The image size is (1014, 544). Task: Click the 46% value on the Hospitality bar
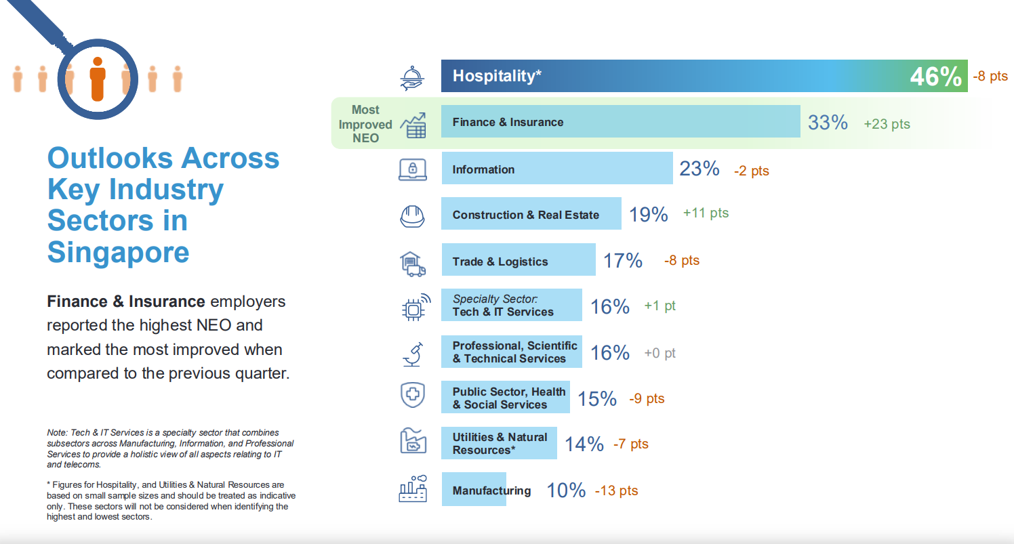point(935,77)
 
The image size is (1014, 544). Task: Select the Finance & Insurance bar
point(620,122)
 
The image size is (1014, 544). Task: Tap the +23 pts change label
point(887,124)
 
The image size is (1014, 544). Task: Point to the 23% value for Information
point(699,169)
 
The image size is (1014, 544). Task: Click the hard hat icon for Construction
point(412,215)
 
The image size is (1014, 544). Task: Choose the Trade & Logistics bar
point(519,261)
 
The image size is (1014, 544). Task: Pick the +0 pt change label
point(660,353)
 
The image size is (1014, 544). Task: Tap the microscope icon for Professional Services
point(412,353)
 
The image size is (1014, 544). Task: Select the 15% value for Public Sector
point(597,398)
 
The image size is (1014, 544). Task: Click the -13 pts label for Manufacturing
point(616,490)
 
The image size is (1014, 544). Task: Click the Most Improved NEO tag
point(365,124)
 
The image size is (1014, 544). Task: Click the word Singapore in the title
point(118,252)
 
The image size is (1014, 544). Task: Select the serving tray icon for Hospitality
point(412,77)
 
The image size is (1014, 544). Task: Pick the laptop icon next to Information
point(412,169)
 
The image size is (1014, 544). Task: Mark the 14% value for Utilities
point(584,444)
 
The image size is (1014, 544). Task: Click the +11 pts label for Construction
point(706,213)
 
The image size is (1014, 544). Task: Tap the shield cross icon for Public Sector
point(412,396)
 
